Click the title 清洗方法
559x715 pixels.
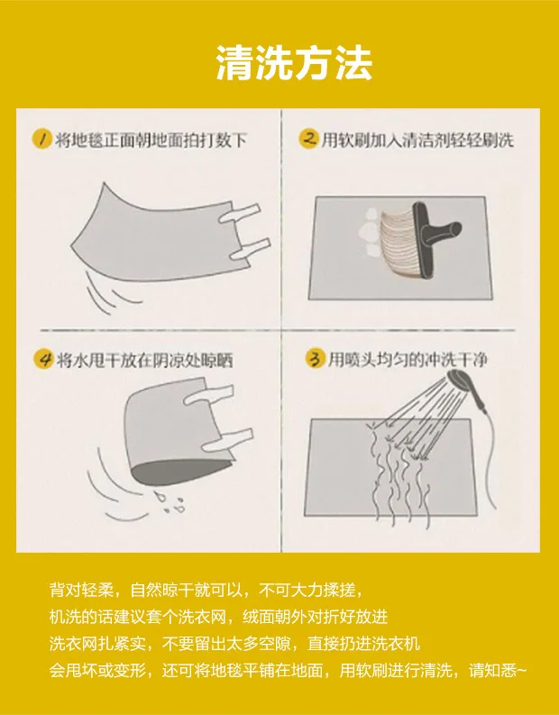click(x=294, y=63)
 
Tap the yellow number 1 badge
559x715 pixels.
click(x=42, y=138)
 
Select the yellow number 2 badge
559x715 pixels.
click(x=308, y=138)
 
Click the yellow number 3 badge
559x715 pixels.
click(x=315, y=359)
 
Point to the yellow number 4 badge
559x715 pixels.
click(x=44, y=359)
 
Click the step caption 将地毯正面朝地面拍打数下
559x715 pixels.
click(x=151, y=140)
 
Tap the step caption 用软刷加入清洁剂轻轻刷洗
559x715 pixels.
click(x=417, y=140)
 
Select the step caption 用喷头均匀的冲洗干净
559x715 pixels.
click(x=408, y=360)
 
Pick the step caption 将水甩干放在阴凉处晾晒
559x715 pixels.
click(x=144, y=361)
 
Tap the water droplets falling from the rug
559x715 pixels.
click(x=170, y=502)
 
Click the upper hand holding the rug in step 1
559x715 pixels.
click(x=239, y=213)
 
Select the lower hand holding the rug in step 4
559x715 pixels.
click(x=226, y=440)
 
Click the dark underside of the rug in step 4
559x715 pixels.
click(x=178, y=471)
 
